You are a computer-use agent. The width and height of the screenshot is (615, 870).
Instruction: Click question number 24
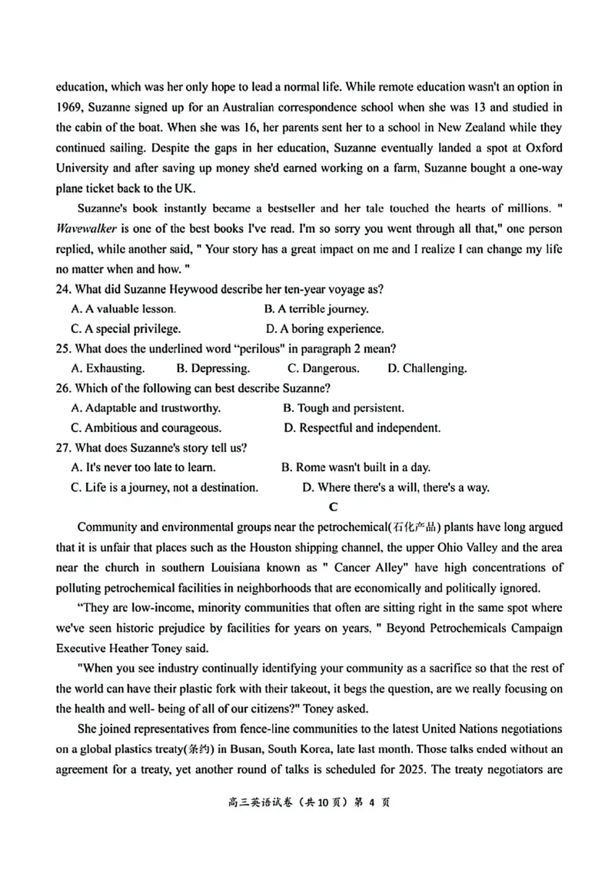point(65,289)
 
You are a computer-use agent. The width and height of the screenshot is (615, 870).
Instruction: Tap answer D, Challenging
point(427,368)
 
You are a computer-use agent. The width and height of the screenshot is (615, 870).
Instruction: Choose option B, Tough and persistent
point(343,408)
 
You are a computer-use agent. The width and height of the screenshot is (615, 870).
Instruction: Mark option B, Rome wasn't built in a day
point(356,467)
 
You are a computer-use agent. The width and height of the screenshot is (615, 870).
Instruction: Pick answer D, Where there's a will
point(395,487)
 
